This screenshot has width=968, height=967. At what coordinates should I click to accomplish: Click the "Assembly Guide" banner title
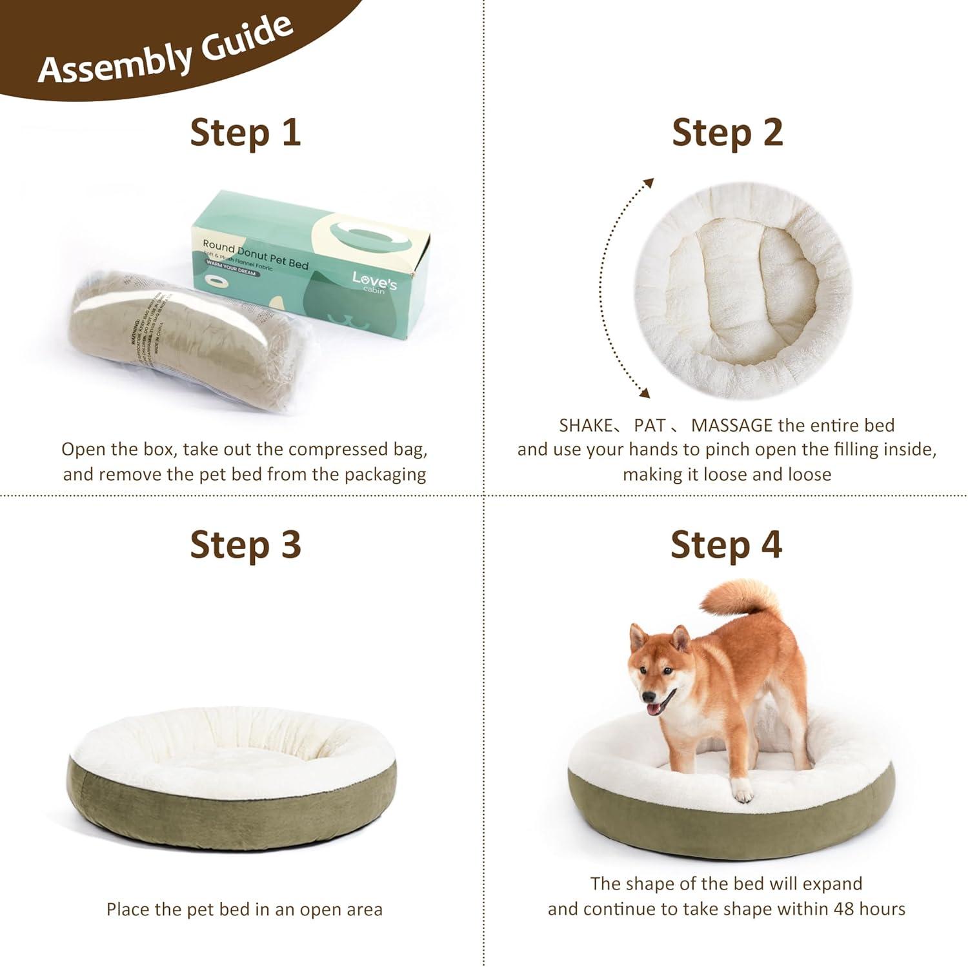pyautogui.click(x=165, y=52)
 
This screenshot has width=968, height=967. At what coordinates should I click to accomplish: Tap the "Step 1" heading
pyautogui.click(x=245, y=132)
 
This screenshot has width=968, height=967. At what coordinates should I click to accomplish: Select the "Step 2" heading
pyautogui.click(x=727, y=132)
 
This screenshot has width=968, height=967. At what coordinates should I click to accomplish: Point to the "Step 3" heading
pyautogui.click(x=245, y=544)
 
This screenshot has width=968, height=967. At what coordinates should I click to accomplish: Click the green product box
pyautogui.click(x=310, y=271)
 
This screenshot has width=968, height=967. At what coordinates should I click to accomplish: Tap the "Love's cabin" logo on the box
pyautogui.click(x=374, y=282)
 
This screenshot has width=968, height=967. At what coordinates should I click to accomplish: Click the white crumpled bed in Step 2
pyautogui.click(x=742, y=290)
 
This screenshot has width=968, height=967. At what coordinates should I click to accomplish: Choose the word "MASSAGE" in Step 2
pyautogui.click(x=731, y=426)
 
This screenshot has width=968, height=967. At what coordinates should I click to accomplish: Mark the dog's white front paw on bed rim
pyautogui.click(x=743, y=791)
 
